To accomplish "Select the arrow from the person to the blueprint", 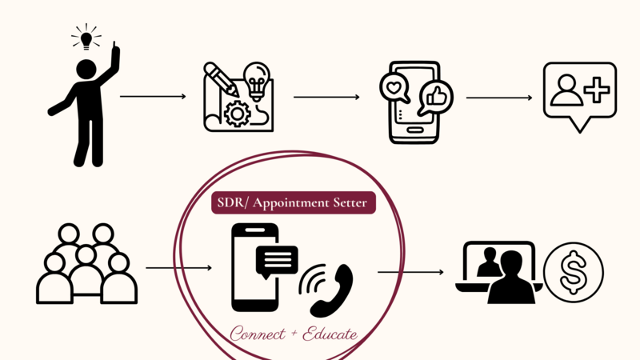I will (152, 98).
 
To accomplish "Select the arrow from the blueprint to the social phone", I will (326, 98).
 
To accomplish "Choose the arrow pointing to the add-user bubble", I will (498, 98).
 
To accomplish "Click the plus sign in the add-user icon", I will (595, 89).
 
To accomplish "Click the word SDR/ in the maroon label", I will (232, 203).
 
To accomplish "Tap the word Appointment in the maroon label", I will (290, 203).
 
